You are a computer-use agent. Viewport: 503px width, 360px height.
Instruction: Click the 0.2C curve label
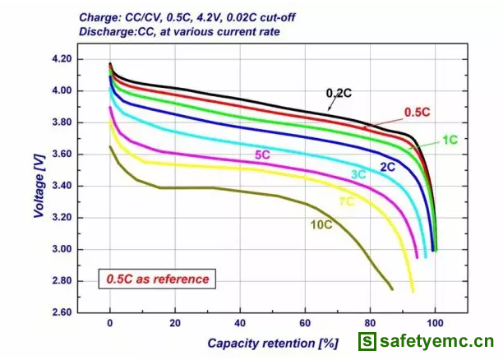point(339,93)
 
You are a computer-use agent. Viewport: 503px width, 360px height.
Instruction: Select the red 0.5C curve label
point(418,112)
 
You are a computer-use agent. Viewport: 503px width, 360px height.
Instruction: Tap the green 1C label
point(450,140)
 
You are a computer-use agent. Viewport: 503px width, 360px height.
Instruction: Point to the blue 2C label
point(388,167)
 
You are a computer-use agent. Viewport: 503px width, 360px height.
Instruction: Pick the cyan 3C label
point(358,174)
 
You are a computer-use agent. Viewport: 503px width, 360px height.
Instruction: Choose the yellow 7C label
point(346,201)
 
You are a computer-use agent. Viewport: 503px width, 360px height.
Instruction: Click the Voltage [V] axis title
point(39,187)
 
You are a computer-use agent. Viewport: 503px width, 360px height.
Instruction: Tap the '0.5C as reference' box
point(157,279)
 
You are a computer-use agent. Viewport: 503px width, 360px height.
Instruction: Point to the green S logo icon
point(367,341)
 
